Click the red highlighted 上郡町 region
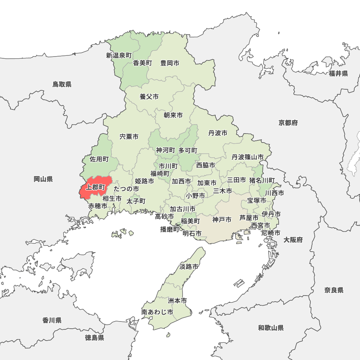pos(94,187)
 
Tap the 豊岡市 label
pos(170,63)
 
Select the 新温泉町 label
pos(119,55)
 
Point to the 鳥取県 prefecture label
pos(62,84)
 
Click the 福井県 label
pos(338,74)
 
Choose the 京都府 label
pos(288,123)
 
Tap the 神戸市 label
pos(222,220)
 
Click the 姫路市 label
pos(144,181)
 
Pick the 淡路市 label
pos(189,267)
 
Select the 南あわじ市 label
pos(157,312)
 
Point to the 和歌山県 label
pos(271,328)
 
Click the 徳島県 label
pos(95,338)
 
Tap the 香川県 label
pos(52,320)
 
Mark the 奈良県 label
pos(334,290)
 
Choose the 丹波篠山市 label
pos(247,157)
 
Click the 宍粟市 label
pos(129,137)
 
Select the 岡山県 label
pos(43,179)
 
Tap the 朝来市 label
pos(173,115)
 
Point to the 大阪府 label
pos(293,240)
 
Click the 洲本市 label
pos(177,300)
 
